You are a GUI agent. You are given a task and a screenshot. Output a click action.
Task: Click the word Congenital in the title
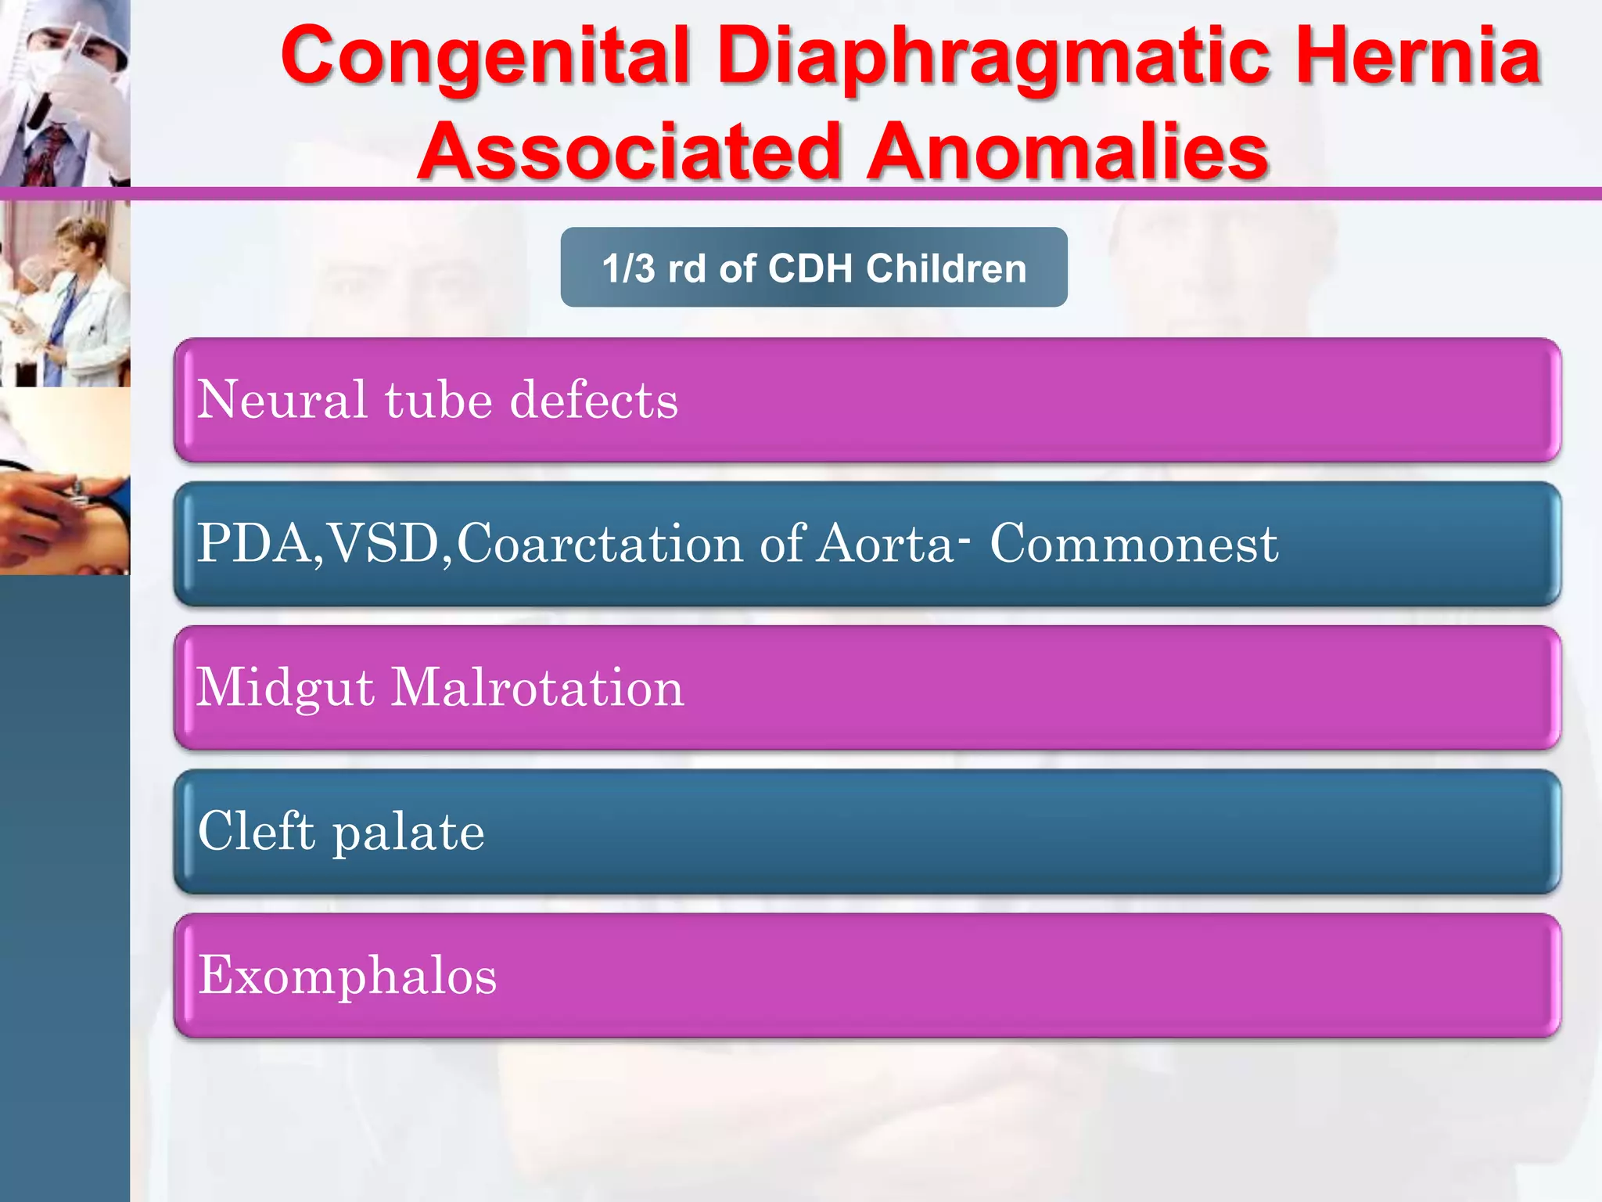click(x=485, y=56)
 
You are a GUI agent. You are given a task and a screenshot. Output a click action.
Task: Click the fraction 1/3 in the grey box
click(x=628, y=268)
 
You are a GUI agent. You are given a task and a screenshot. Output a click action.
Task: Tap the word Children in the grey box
click(x=946, y=268)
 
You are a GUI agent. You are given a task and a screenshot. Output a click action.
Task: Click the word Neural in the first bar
click(x=282, y=400)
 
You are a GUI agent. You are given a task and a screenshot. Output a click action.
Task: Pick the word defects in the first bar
click(x=594, y=400)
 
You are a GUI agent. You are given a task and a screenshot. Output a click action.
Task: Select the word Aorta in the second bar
click(x=885, y=543)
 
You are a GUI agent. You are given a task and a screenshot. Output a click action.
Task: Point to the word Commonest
click(x=1133, y=543)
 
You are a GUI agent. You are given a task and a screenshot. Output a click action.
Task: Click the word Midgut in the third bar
click(x=285, y=687)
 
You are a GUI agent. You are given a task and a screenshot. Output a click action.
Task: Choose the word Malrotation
click(x=537, y=687)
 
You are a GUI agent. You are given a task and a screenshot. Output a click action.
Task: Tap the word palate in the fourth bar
click(x=408, y=831)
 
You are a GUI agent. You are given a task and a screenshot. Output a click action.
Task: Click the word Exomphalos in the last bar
click(x=347, y=975)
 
